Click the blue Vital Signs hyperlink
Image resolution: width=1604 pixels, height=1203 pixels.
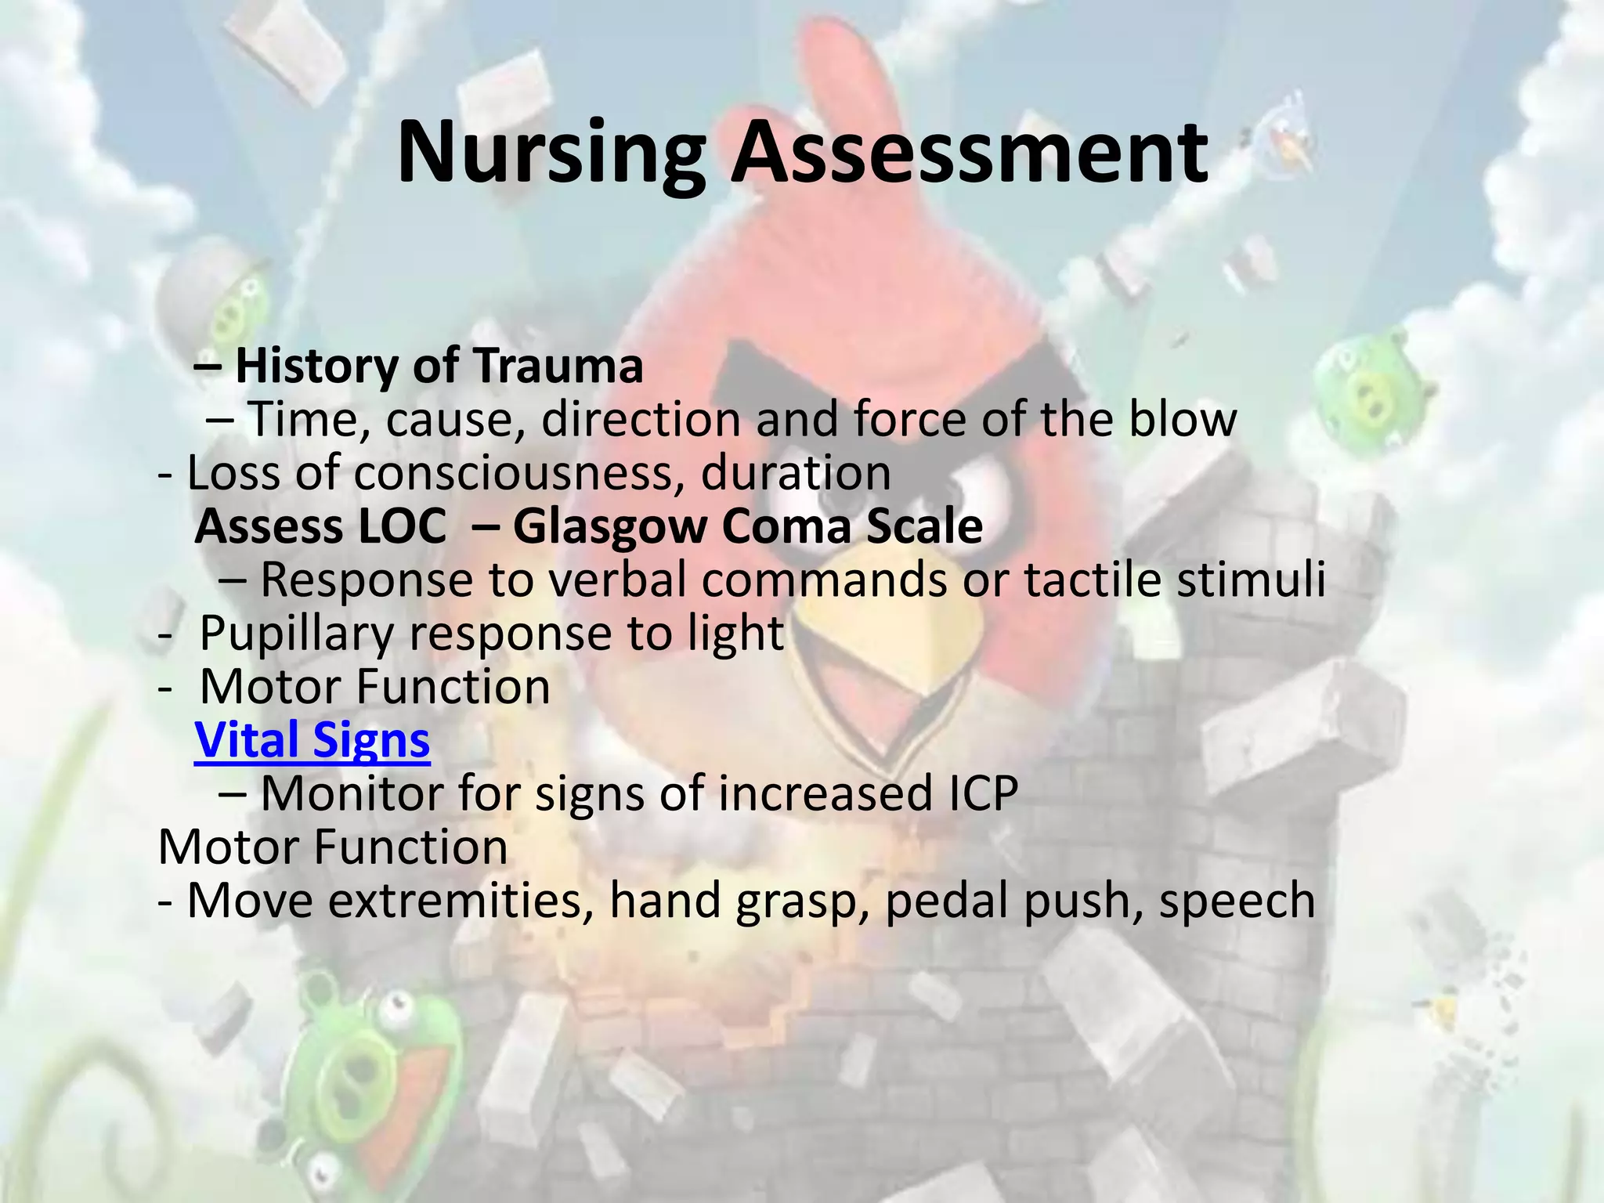(x=312, y=739)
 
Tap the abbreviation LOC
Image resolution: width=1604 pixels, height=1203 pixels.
(x=401, y=526)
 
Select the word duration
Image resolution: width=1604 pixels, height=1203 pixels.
(x=796, y=473)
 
